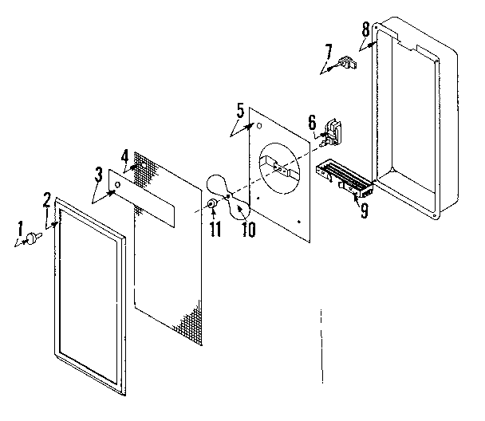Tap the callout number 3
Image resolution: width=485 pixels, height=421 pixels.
97,173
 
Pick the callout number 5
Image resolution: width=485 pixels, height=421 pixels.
239,110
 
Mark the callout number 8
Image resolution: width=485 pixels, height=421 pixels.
365,29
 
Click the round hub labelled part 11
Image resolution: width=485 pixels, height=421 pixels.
212,206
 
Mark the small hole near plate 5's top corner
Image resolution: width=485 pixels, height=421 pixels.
258,125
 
